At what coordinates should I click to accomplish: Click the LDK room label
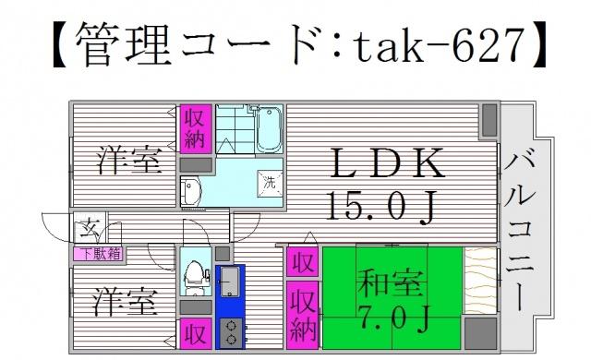tap(387, 163)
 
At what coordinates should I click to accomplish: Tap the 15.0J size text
tap(381, 206)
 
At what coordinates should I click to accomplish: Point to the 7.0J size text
tap(393, 318)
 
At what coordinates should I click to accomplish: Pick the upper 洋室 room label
tap(129, 161)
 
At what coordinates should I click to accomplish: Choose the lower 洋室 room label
tap(126, 302)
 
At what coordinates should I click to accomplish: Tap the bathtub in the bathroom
tap(269, 129)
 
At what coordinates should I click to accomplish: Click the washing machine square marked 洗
tap(270, 183)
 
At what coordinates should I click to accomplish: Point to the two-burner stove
tap(231, 333)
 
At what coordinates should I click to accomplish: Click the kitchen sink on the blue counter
tap(230, 282)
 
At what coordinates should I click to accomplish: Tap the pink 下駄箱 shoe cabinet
tap(99, 254)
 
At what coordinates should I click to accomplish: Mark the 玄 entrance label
tap(90, 229)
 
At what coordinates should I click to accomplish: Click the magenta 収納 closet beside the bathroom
tap(196, 129)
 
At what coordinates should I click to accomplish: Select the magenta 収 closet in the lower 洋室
tap(196, 333)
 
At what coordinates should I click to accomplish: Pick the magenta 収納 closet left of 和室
tap(303, 315)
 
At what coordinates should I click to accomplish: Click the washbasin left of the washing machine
tap(191, 192)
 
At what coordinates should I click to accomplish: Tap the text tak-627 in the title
tap(440, 45)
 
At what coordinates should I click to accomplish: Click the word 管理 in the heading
tap(124, 44)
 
